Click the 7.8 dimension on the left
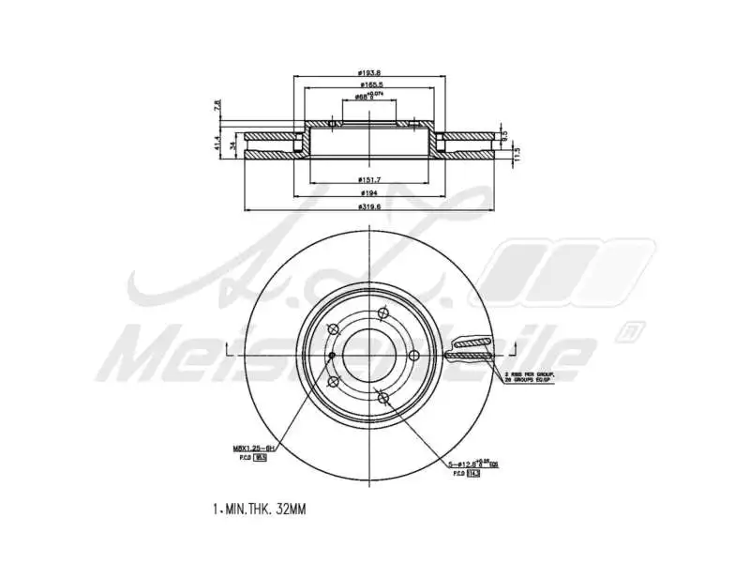point(217,106)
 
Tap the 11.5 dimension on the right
point(517,153)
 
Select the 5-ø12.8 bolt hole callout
point(469,463)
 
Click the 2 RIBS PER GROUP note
point(530,373)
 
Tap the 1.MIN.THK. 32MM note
point(260,509)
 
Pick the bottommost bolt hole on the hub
point(382,399)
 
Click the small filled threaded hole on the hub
point(332,355)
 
